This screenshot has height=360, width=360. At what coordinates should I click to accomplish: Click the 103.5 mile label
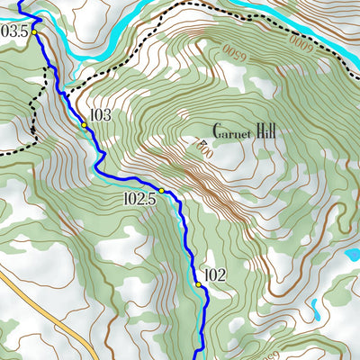(x=14, y=31)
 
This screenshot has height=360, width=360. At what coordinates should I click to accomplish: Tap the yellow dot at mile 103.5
(x=35, y=32)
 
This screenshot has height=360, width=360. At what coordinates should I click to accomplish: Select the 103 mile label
(x=100, y=115)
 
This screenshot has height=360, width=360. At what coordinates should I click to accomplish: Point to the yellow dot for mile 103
(x=85, y=125)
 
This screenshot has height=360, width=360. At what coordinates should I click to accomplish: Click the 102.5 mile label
(x=139, y=199)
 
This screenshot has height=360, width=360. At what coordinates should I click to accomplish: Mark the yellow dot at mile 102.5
(x=162, y=191)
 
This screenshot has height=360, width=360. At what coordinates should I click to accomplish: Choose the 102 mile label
(x=214, y=275)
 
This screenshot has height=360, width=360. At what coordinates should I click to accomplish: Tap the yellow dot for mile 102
(x=198, y=284)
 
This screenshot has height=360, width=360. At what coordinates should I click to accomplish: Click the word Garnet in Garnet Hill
(x=230, y=130)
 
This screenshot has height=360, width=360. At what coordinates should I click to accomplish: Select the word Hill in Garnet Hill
(x=265, y=130)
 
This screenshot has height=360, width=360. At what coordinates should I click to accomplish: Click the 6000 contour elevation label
(x=305, y=40)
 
